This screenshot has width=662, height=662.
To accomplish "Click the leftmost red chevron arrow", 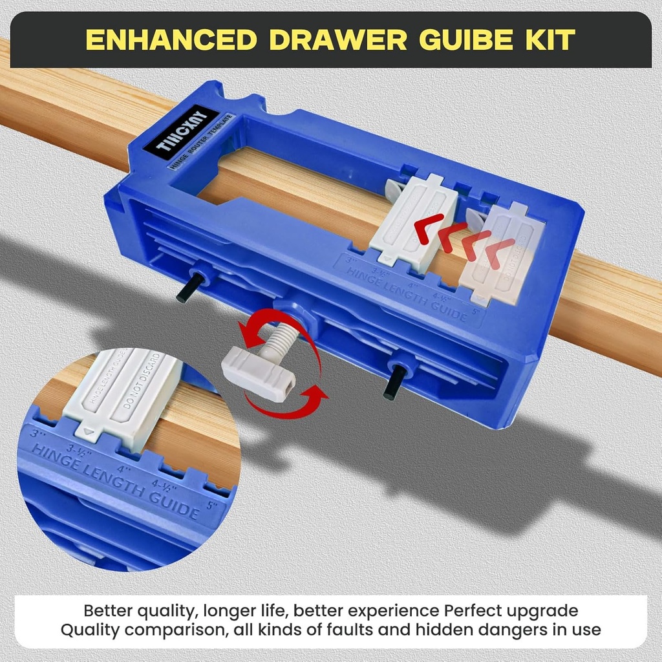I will point(428,228).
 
